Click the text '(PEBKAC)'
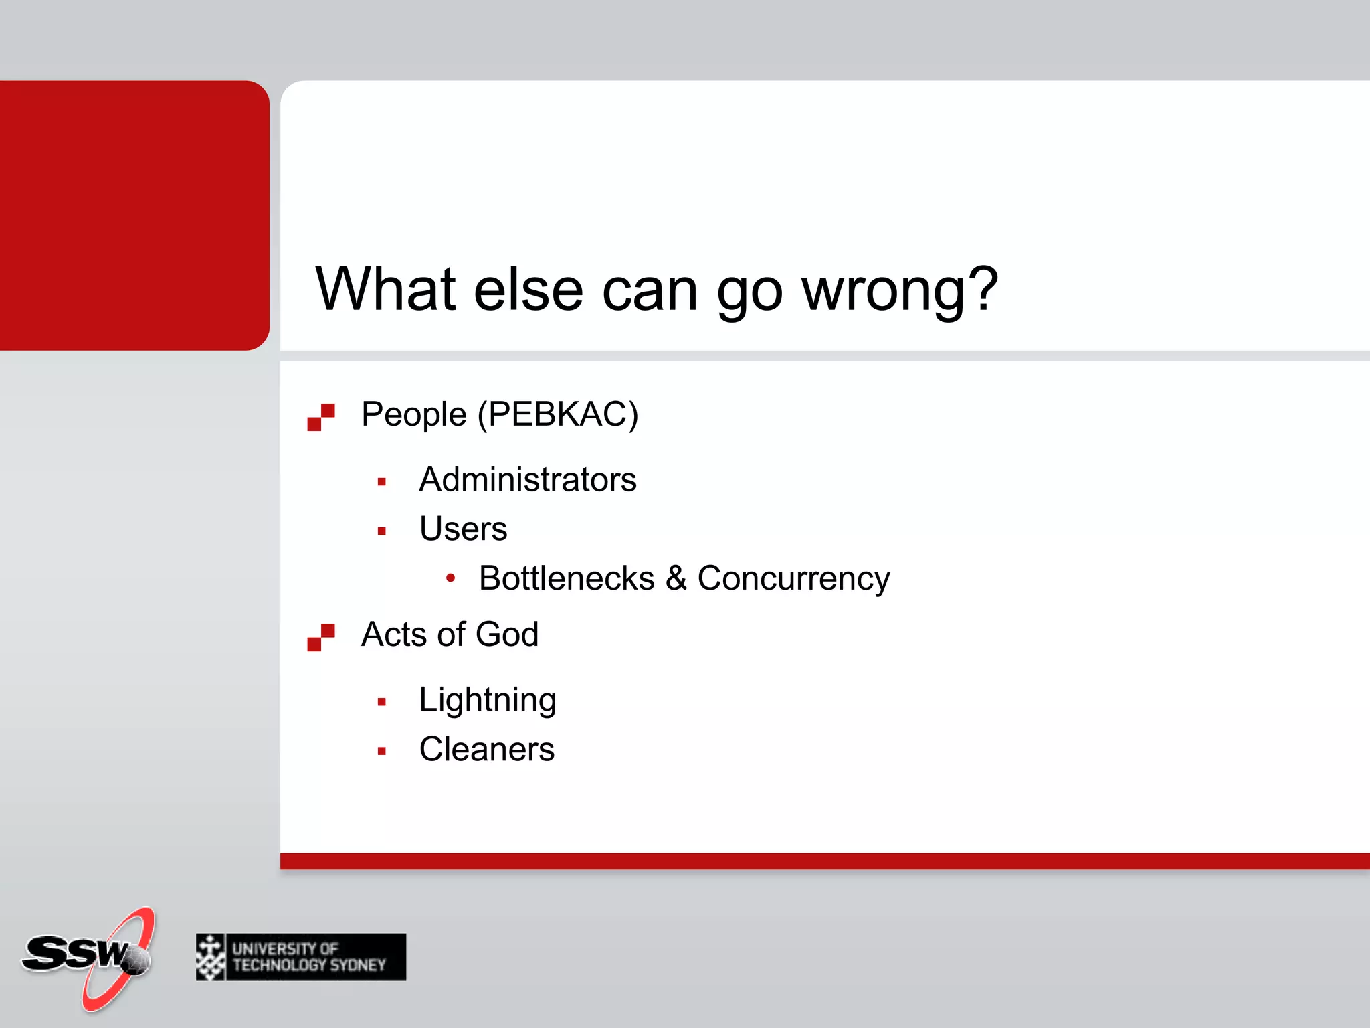pyautogui.click(x=558, y=414)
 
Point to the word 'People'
pyautogui.click(x=413, y=414)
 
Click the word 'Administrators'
pyautogui.click(x=528, y=479)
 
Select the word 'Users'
pyautogui.click(x=463, y=529)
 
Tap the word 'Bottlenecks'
pyautogui.click(x=567, y=578)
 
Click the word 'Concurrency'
pyautogui.click(x=793, y=579)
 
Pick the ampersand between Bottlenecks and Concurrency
pyautogui.click(x=676, y=578)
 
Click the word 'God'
pyautogui.click(x=507, y=634)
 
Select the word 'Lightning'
pyautogui.click(x=488, y=701)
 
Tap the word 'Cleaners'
pyautogui.click(x=487, y=749)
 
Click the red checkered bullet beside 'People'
pyautogui.click(x=321, y=417)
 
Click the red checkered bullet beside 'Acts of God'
pyautogui.click(x=321, y=637)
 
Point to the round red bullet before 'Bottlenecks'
pyautogui.click(x=451, y=578)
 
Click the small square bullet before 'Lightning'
pyautogui.click(x=382, y=702)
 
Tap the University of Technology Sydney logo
pyautogui.click(x=301, y=957)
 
